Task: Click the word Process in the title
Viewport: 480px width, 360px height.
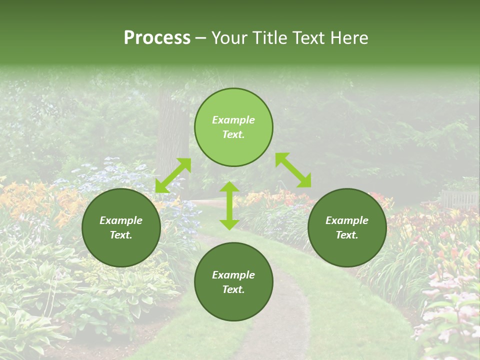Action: coord(157,38)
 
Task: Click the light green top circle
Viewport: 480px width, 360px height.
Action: coord(233,150)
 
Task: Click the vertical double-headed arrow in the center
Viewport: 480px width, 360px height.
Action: coord(229,205)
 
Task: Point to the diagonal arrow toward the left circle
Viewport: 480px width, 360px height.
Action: coord(173,175)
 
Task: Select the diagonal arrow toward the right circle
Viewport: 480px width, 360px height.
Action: coord(293,170)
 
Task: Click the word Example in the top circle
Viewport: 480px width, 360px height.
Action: coord(233,120)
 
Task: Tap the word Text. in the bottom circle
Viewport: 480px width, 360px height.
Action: coord(233,289)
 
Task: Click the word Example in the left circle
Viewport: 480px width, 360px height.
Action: coord(121,220)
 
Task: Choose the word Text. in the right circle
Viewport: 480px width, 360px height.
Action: coord(347,235)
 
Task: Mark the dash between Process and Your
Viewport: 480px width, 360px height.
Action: coord(200,38)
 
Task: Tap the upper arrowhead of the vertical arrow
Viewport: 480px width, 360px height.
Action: coord(229,187)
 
